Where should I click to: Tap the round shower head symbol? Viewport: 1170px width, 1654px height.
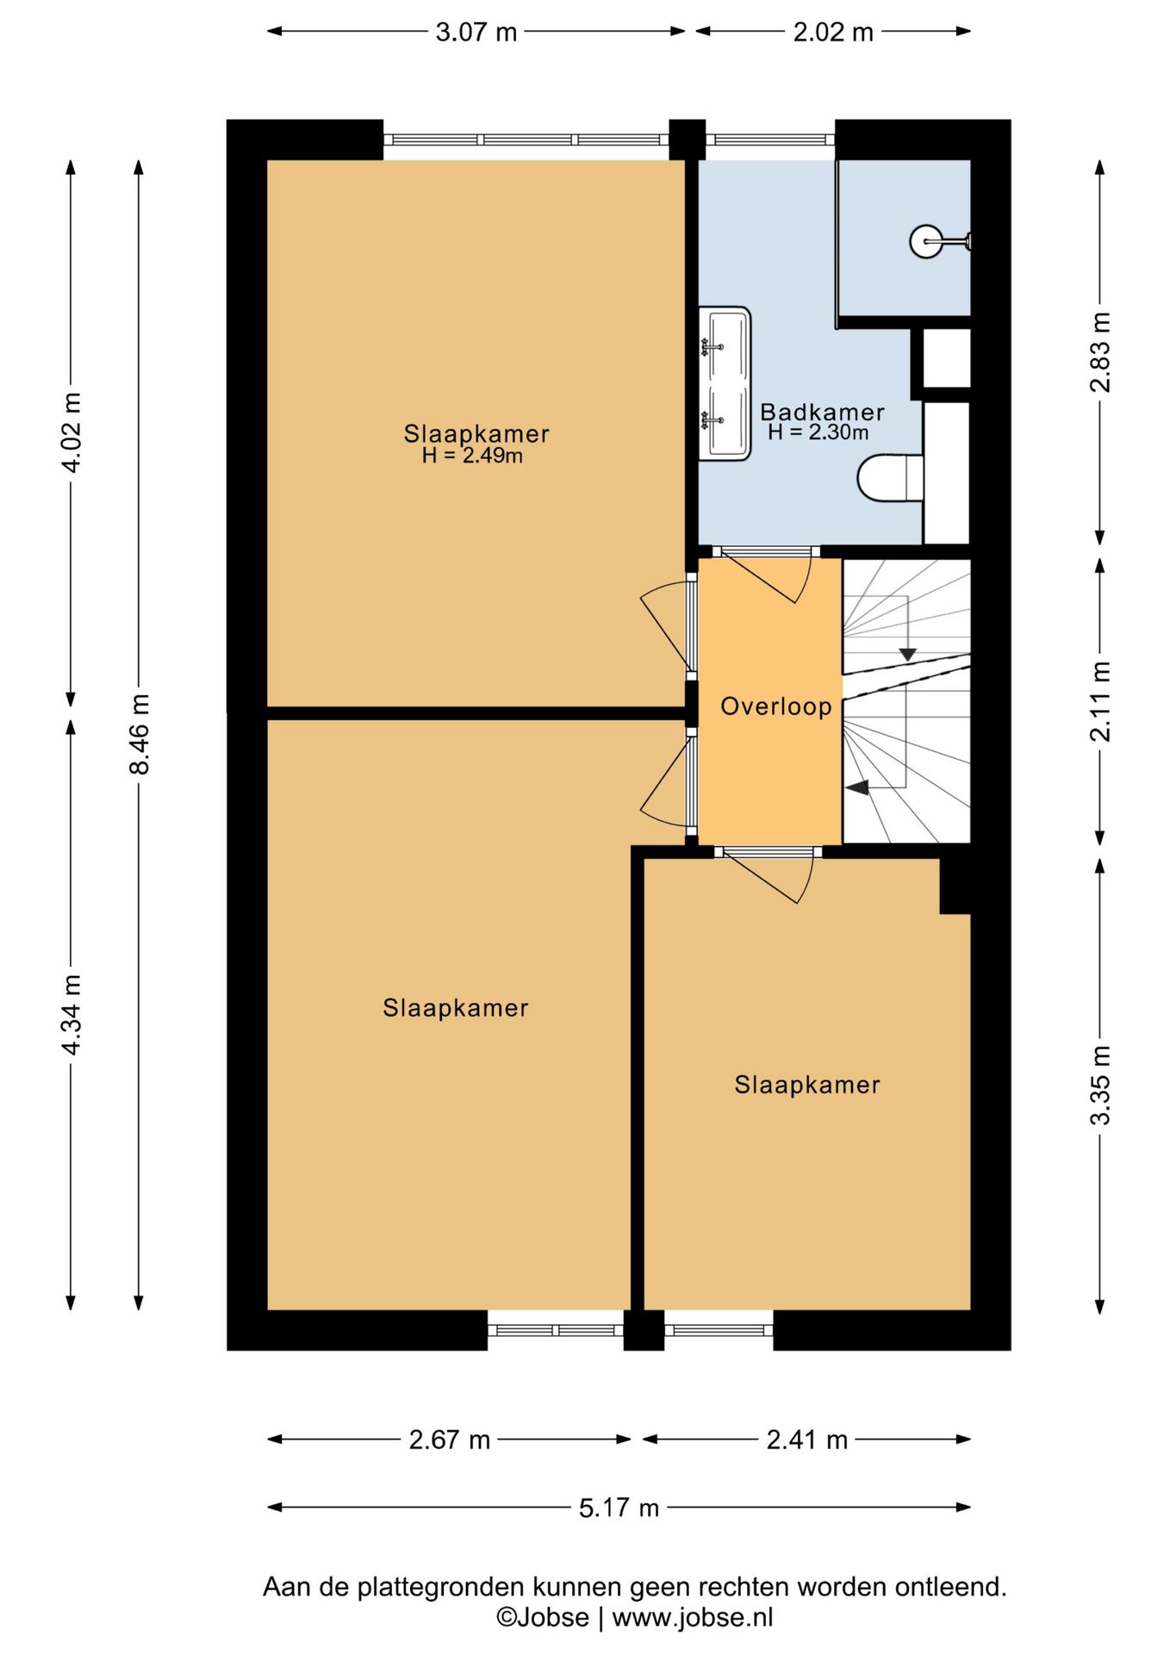(926, 240)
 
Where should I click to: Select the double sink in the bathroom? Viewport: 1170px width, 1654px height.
(725, 383)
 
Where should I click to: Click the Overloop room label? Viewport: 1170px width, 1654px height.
(776, 706)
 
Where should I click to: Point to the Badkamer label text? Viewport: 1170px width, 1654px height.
(822, 412)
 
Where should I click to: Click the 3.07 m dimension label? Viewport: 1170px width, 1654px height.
(476, 33)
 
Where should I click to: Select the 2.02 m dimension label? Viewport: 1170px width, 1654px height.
(833, 33)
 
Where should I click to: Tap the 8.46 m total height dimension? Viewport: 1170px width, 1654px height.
(140, 734)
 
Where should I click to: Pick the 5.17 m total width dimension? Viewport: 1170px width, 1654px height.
(619, 1508)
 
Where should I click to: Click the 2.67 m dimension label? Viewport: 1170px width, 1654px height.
(449, 1439)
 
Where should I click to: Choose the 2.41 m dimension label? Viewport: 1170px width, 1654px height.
(807, 1439)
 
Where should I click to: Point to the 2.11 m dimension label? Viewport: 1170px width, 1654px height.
(1100, 701)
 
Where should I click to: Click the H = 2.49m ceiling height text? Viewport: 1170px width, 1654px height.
(472, 456)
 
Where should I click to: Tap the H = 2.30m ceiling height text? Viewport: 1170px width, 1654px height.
(818, 432)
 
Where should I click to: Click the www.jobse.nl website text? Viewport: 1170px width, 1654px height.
(693, 1617)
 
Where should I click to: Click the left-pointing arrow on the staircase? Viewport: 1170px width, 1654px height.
(856, 787)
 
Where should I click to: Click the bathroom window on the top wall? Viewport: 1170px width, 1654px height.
(770, 140)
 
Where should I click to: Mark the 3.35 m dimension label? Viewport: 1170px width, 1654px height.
(1100, 1085)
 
